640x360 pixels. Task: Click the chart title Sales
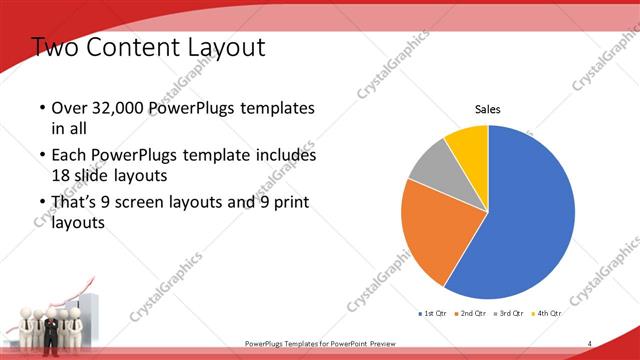click(x=487, y=110)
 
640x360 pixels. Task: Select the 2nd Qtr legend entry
click(x=472, y=314)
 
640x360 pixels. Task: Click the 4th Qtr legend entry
click(x=548, y=314)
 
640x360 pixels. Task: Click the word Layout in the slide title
click(x=223, y=47)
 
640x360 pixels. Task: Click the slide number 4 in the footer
click(x=590, y=343)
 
